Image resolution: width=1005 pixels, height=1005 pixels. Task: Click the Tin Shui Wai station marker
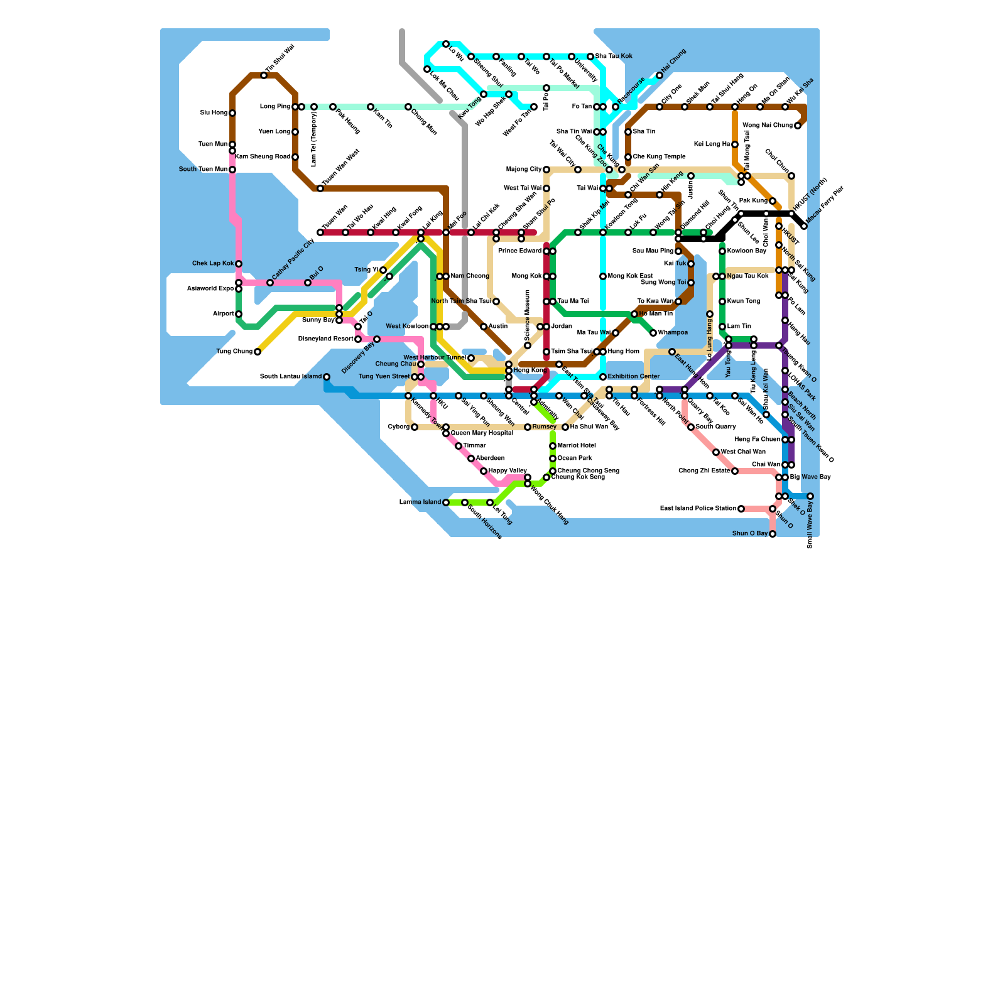tap(264, 75)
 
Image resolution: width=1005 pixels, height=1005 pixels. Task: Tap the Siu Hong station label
tap(214, 113)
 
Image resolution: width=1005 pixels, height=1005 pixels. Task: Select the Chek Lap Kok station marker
tap(239, 264)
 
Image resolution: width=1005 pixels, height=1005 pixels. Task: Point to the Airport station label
tap(223, 314)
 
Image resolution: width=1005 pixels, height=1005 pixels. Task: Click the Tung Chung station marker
tap(258, 352)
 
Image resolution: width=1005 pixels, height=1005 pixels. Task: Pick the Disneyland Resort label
tap(325, 339)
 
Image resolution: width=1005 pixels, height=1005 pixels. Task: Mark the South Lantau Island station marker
tap(327, 377)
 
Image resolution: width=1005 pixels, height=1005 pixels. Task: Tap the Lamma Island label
tap(420, 503)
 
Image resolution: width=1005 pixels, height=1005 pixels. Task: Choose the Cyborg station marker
tap(415, 427)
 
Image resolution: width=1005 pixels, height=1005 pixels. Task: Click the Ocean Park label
tap(575, 459)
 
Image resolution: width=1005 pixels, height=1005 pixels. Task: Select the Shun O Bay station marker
tap(773, 534)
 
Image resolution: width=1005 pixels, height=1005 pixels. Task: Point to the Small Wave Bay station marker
tap(810, 496)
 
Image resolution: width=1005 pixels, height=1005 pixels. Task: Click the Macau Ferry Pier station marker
tap(804, 226)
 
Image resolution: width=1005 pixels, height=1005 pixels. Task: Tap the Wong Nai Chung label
tap(768, 126)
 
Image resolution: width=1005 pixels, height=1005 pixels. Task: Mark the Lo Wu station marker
tap(446, 44)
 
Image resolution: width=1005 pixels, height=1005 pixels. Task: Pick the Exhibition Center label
tap(634, 377)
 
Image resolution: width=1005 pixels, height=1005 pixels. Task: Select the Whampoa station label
tap(673, 333)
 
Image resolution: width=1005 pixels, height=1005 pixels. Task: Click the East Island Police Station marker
tap(741, 509)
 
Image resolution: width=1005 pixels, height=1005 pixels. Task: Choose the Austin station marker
tap(484, 327)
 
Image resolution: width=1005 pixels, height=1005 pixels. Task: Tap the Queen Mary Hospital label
tap(482, 433)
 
